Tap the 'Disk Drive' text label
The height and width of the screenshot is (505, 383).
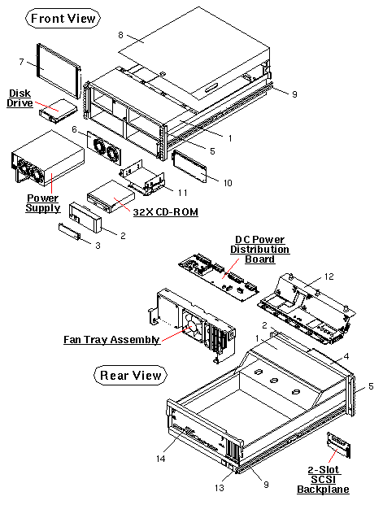[x=20, y=98]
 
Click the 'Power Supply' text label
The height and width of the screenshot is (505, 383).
[x=43, y=202]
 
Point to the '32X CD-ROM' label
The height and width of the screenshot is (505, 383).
[x=166, y=212]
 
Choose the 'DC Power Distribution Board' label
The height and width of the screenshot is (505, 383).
[x=256, y=249]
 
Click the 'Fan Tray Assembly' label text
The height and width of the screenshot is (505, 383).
[x=111, y=339]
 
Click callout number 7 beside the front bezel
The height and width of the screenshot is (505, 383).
[x=22, y=62]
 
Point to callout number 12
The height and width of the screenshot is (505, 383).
[x=329, y=277]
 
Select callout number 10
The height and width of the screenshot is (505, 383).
[x=228, y=183]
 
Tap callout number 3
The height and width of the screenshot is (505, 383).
[x=98, y=245]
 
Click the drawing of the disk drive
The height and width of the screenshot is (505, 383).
[x=59, y=109]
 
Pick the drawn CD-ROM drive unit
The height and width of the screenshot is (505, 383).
[x=109, y=195]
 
